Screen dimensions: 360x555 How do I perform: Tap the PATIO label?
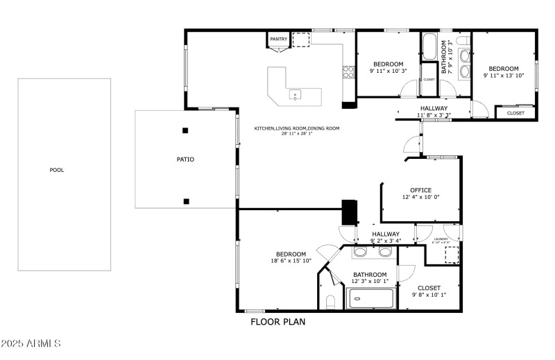point(185,160)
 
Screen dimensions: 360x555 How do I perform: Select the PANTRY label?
point(278,40)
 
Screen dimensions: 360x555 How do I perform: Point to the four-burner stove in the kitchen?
point(348,70)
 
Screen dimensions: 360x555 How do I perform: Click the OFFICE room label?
point(420,190)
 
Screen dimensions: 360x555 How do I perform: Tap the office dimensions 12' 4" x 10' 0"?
point(420,198)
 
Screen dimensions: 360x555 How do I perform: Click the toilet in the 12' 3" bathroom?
point(330,302)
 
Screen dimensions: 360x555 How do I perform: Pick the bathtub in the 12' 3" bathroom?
point(370,299)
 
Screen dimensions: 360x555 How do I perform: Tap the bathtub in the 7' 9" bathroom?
point(429,47)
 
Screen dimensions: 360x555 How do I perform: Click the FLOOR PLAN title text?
point(277,322)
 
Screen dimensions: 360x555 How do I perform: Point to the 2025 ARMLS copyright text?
point(31,344)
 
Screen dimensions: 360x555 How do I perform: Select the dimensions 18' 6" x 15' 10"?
point(291,262)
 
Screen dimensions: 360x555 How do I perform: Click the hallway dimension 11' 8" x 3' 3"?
point(434,115)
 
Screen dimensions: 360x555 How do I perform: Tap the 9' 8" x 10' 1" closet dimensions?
point(428,295)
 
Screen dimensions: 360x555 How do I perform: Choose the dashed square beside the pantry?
point(301,40)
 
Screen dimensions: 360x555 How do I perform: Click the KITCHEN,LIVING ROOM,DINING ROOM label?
point(297,128)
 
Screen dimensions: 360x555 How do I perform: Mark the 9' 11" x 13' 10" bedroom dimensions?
point(504,76)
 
